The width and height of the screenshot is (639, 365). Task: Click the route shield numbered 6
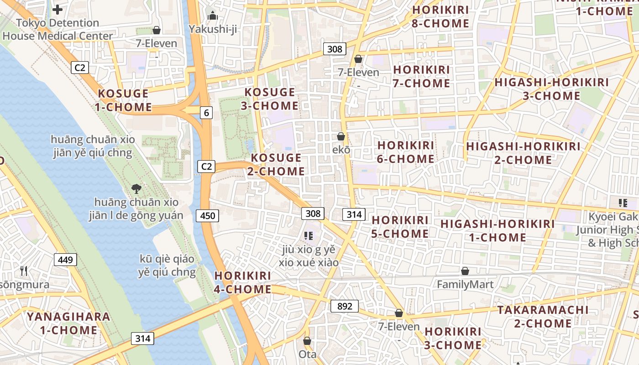coord(207,113)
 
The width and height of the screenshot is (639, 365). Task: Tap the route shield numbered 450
coord(207,215)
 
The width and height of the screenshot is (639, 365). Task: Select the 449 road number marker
coord(66,260)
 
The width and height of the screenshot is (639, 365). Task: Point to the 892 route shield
coord(345,306)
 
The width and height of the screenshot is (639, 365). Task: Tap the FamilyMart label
coord(465,285)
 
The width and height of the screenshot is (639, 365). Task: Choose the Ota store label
coord(307,354)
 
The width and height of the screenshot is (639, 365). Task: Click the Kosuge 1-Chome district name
coord(123,100)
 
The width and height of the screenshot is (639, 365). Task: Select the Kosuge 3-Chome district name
coord(270,99)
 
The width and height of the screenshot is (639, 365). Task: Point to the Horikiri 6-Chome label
coord(406,152)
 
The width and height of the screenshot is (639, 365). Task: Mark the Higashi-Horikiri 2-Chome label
coord(523,153)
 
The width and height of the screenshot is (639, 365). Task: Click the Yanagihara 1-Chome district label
coord(62,323)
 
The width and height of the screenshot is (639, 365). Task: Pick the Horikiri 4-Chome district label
coord(243,282)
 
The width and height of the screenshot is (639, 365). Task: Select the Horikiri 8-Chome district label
coord(440,17)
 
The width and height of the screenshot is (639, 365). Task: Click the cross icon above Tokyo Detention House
coord(58,9)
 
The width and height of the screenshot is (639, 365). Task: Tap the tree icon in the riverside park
coord(136,188)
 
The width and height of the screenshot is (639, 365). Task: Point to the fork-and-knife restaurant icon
coord(24,271)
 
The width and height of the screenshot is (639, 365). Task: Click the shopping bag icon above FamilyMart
coord(465,271)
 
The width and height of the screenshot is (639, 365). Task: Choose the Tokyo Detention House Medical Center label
coord(58,29)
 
